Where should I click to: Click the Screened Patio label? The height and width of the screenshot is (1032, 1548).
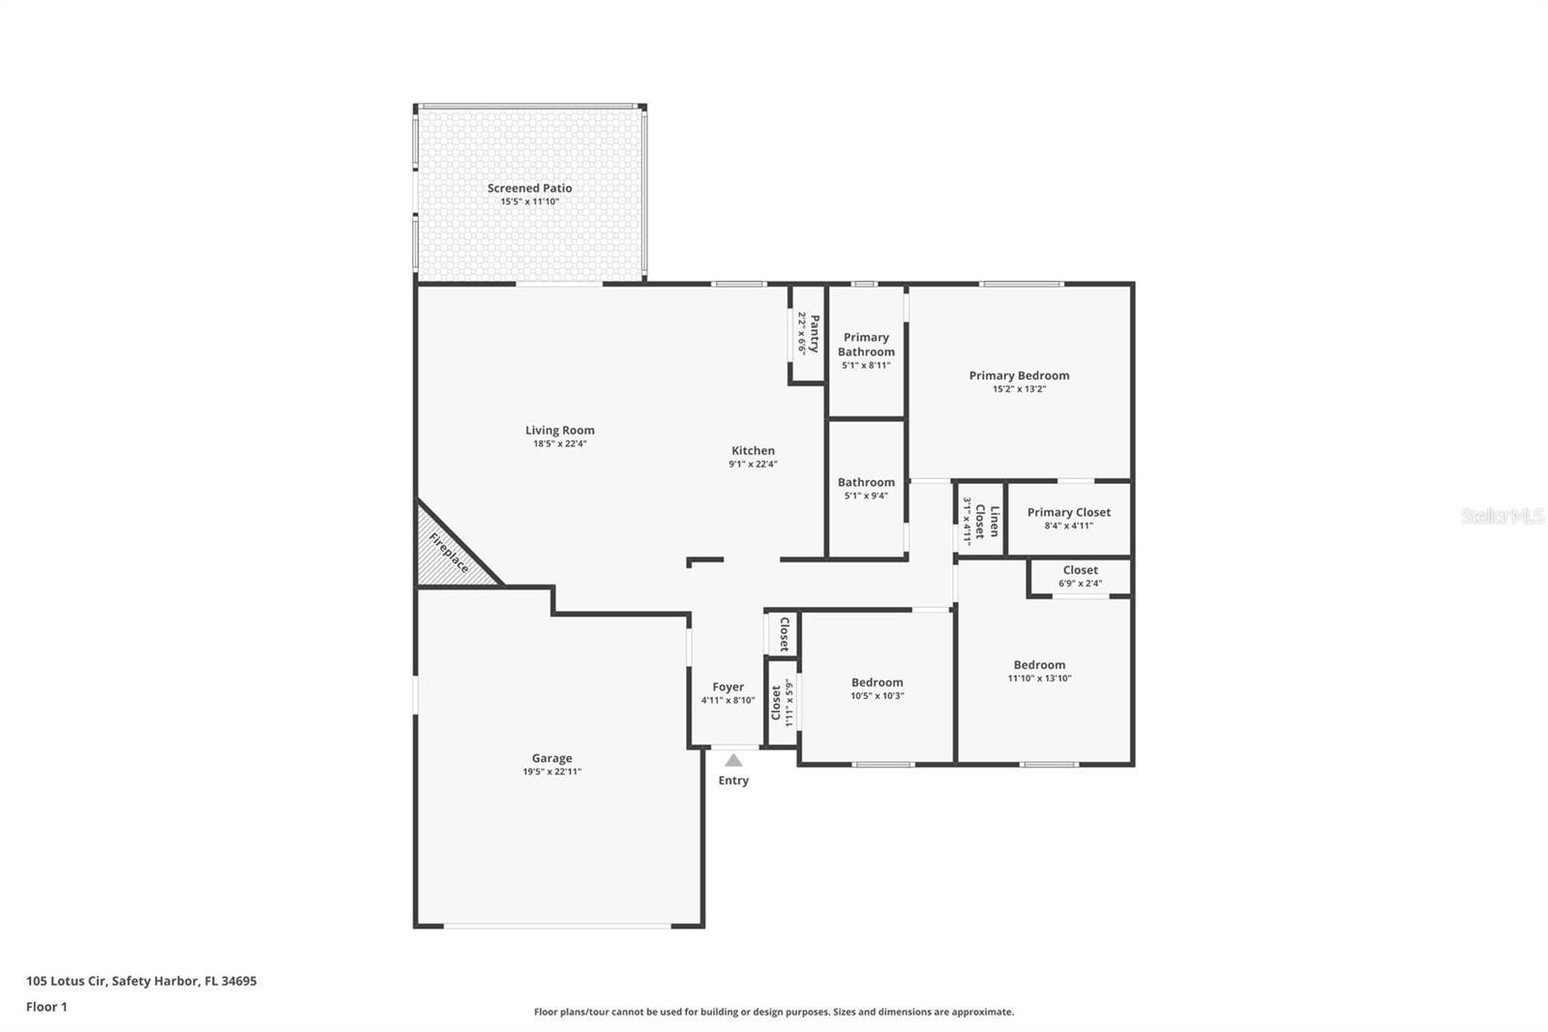tap(529, 188)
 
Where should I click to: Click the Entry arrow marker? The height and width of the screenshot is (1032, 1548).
tap(733, 760)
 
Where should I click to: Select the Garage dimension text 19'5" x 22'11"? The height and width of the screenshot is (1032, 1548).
tap(551, 772)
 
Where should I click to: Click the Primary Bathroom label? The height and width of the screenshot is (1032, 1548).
tap(866, 345)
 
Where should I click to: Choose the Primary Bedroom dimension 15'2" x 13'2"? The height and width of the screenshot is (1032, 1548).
tap(1019, 389)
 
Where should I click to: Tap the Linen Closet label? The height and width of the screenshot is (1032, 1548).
tap(987, 521)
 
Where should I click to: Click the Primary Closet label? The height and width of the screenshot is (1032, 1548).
tap(1068, 512)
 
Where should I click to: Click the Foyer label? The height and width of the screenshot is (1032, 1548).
tap(728, 687)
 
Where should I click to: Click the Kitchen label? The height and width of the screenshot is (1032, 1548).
tap(753, 450)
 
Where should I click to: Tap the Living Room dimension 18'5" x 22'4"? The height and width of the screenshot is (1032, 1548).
tap(559, 444)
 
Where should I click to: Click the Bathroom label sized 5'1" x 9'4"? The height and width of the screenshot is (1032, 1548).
tap(866, 482)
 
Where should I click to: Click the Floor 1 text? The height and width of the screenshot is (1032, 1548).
tap(46, 1007)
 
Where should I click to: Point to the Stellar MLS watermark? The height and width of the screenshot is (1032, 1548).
tap(1502, 516)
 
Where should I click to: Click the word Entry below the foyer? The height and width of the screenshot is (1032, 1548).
tap(733, 780)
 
